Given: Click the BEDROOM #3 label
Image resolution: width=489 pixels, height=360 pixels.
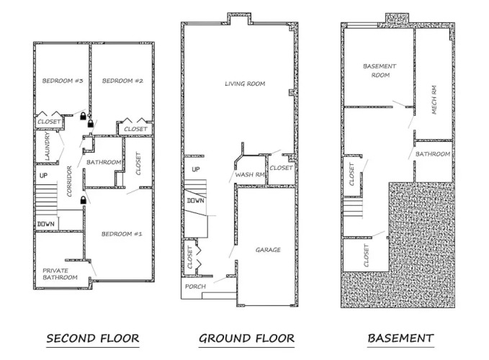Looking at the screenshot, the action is point(63,81).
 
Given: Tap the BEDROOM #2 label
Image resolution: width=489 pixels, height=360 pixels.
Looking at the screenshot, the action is point(122,81).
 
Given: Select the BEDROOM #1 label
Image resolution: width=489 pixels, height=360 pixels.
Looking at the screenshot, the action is point(122,234).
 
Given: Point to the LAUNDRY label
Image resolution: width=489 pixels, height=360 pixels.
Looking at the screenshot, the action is point(47,146).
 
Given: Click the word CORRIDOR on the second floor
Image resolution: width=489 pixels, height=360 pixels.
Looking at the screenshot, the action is point(69,181).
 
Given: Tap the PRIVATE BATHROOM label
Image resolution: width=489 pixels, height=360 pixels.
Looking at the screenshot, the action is point(60,274).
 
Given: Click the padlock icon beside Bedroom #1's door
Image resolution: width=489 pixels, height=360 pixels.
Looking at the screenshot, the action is point(84,199).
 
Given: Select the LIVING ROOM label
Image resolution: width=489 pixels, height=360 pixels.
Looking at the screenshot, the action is point(245,84).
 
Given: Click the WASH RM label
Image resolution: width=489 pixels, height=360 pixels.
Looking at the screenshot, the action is point(249,174).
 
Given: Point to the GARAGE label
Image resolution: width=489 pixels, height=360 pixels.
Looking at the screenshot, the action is point(268,250).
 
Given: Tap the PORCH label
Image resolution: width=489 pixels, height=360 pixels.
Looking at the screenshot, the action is point(195,287).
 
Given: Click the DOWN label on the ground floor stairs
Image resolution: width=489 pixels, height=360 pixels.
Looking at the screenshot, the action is point(196,201).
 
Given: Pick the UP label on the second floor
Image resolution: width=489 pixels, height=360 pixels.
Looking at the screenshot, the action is point(43,176).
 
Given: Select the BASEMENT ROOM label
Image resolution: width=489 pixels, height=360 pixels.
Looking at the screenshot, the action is point(380,71).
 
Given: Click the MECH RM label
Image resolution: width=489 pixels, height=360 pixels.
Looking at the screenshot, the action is point(434,100).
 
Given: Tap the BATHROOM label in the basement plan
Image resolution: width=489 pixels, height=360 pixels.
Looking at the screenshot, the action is point(433,154).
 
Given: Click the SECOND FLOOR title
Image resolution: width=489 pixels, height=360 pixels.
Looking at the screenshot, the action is point(93,338).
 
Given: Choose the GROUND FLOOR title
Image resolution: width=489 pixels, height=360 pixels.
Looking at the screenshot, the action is point(246,338).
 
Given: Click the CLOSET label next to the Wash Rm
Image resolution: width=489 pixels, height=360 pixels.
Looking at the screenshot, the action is point(281,168).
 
